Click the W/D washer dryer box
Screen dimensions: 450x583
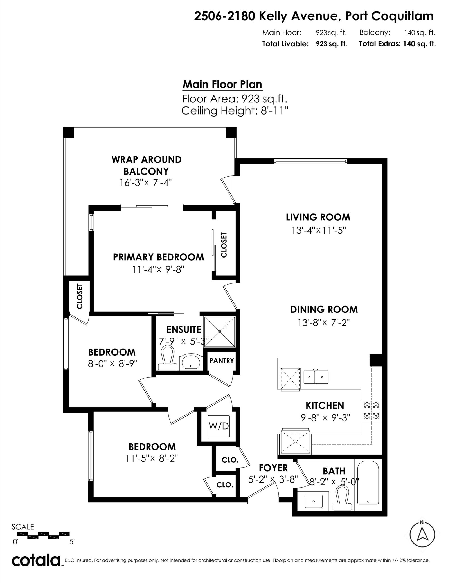[219, 426]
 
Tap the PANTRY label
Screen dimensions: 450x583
[222, 360]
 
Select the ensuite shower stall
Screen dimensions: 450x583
[219, 332]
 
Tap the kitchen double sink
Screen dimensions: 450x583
[316, 377]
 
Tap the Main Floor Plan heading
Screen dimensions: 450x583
[222, 84]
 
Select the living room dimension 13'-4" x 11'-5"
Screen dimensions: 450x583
[318, 231]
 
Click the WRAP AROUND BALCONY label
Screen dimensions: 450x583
[147, 165]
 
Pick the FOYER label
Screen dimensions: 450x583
[273, 468]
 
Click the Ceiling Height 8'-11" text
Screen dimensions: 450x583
[235, 111]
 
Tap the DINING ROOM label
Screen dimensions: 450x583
[324, 309]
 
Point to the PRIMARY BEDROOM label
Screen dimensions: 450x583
[159, 257]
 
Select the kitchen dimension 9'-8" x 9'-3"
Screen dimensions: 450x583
[325, 418]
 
